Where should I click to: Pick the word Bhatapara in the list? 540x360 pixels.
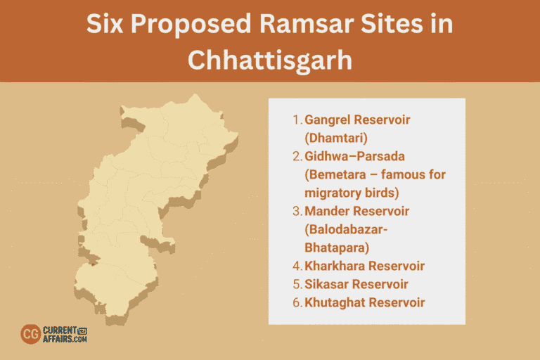(x=336, y=247)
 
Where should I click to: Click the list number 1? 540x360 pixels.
(x=297, y=120)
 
